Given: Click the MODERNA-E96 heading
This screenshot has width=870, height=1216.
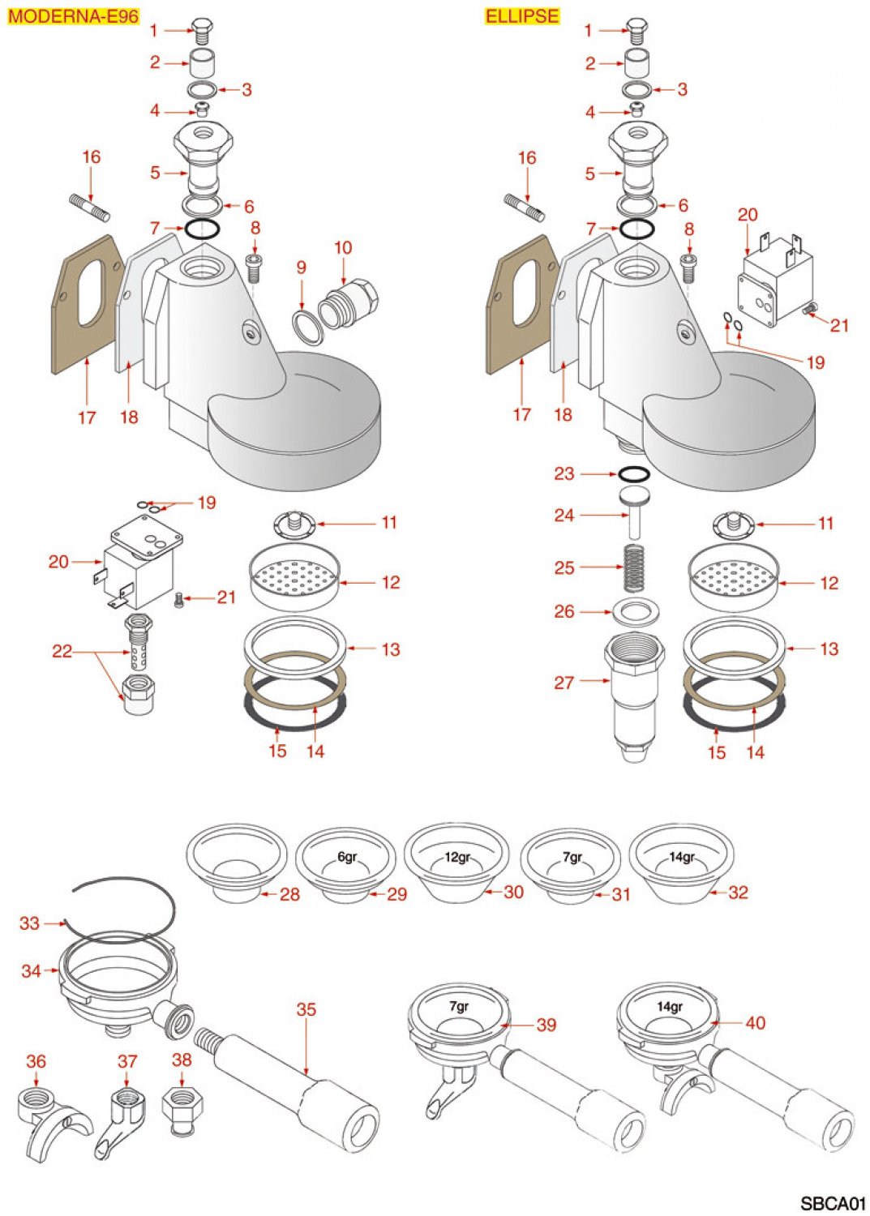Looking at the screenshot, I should tap(73, 16).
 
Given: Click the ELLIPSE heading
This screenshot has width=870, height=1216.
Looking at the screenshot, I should tap(522, 16).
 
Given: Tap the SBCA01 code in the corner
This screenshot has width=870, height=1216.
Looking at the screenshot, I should tap(833, 1203).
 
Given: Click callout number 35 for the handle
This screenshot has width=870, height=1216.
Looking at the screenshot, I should tap(306, 1009).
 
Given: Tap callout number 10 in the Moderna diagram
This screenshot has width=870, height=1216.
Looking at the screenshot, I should tap(343, 247).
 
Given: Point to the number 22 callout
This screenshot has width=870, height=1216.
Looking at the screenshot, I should tap(62, 651).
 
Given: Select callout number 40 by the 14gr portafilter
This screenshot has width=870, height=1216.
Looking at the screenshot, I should tap(755, 1023).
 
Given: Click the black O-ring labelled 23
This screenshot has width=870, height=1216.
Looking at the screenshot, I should tap(633, 474).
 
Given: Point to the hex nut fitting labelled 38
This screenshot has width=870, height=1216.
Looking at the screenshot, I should tap(182, 1110).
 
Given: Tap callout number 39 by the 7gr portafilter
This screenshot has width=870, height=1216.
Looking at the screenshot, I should tap(546, 1025).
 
